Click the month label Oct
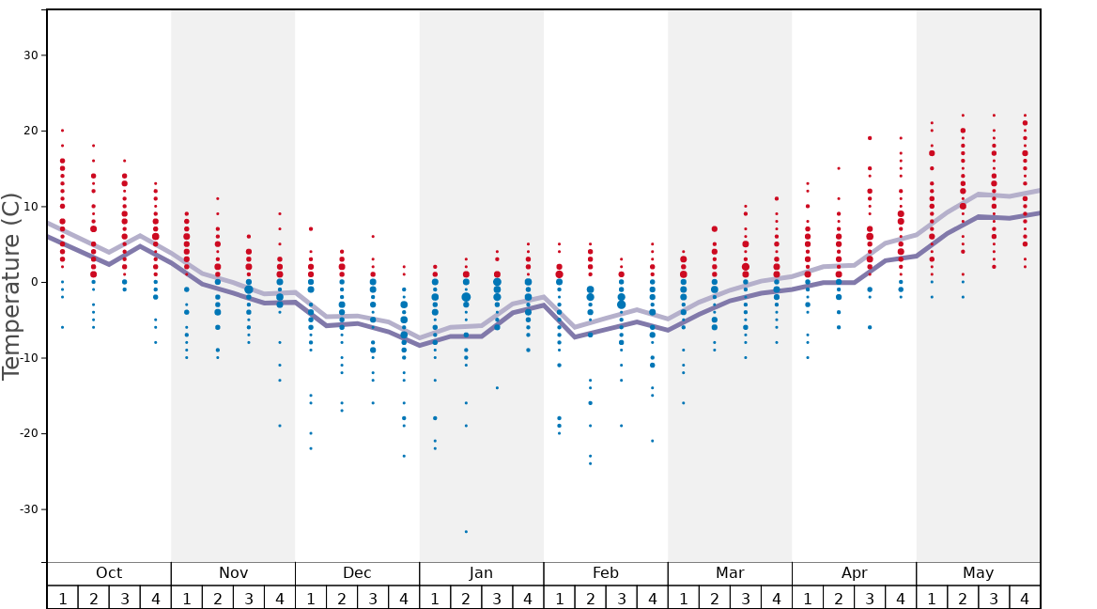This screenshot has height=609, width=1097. [x=109, y=573]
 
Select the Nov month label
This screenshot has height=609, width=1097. [x=233, y=573]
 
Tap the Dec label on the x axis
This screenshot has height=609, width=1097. [x=357, y=573]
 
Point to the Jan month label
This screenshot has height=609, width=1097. [x=481, y=573]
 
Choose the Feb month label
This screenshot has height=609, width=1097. [x=606, y=573]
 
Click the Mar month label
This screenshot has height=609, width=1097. [x=730, y=573]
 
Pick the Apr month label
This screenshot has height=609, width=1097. [x=854, y=573]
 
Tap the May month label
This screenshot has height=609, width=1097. [x=978, y=573]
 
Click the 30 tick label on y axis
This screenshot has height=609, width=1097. [x=30, y=55]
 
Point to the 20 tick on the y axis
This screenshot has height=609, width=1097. [x=30, y=131]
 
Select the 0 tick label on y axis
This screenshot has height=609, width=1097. [x=34, y=282]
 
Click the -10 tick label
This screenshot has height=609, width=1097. [x=28, y=358]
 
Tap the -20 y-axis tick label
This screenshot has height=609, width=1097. [x=28, y=433]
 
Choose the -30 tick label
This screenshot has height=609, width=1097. [x=28, y=509]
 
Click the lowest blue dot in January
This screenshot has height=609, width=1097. [x=466, y=532]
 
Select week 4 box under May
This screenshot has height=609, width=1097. [x=1025, y=598]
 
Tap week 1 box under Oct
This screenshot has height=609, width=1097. [x=62, y=598]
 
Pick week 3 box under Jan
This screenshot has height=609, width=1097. [x=497, y=598]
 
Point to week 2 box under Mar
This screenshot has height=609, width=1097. [x=714, y=598]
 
